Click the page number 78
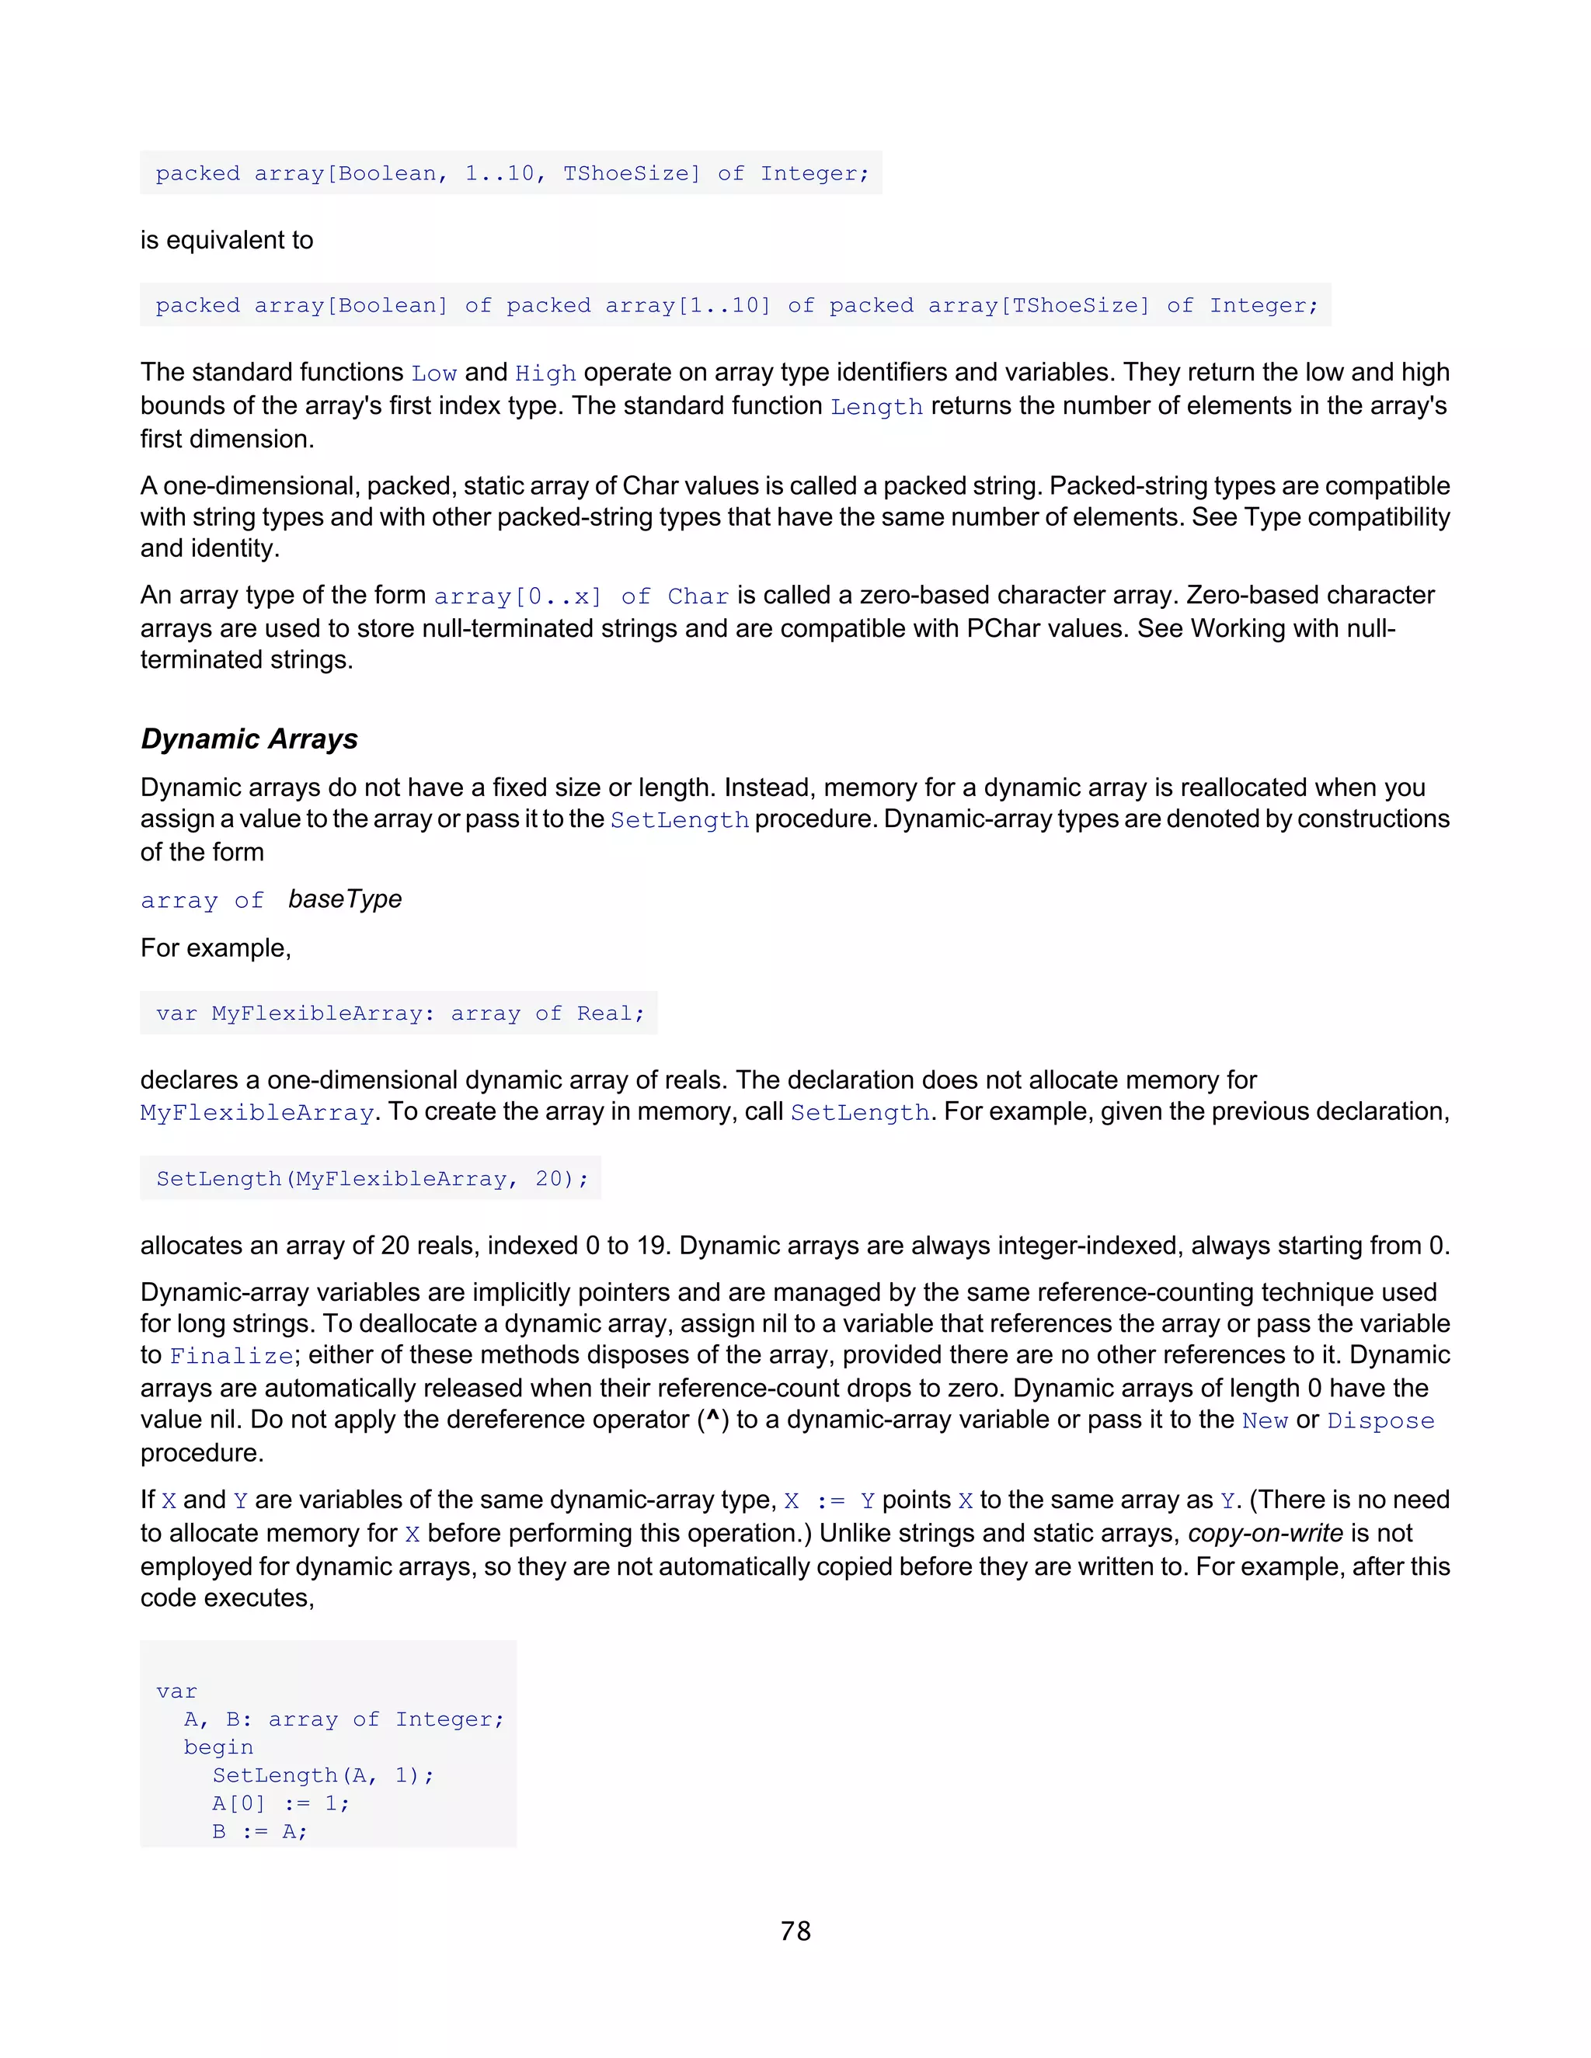(x=795, y=1931)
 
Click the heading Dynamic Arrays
(x=249, y=739)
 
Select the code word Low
(x=433, y=373)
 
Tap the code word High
(x=545, y=373)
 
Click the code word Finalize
(x=231, y=1356)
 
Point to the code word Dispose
(x=1380, y=1421)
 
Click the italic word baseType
(x=345, y=900)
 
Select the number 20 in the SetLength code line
(x=548, y=1179)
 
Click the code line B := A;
(x=259, y=1831)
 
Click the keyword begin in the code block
(x=218, y=1747)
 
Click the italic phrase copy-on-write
(x=1265, y=1533)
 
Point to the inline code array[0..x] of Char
(x=580, y=596)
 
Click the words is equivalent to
(x=226, y=240)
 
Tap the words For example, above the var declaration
(x=216, y=948)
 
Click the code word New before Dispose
(x=1264, y=1421)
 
